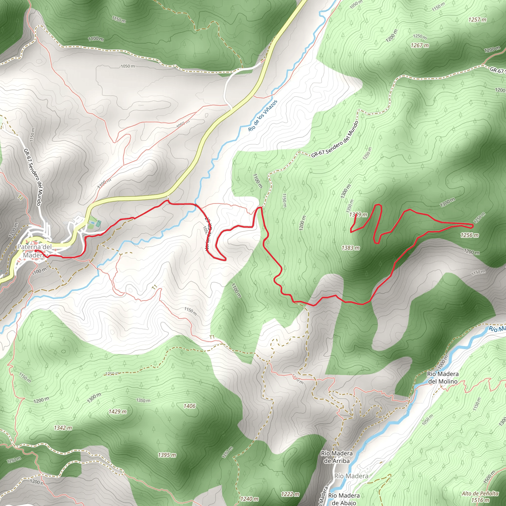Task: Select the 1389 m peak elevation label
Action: (358, 215)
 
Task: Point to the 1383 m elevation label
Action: (350, 248)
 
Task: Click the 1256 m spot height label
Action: (470, 235)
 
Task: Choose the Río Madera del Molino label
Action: (443, 378)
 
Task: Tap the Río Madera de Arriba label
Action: (337, 457)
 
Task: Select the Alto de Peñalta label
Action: (480, 493)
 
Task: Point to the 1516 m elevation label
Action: (480, 500)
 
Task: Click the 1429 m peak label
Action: (118, 412)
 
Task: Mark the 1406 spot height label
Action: (189, 406)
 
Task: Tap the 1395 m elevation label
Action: (167, 455)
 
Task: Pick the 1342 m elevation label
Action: (63, 428)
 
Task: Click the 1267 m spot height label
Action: (420, 45)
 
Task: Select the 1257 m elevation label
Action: (477, 20)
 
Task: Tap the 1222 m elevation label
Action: (290, 494)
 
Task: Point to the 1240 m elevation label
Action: (249, 499)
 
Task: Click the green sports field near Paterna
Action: (98, 224)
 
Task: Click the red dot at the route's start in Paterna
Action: (36, 251)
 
